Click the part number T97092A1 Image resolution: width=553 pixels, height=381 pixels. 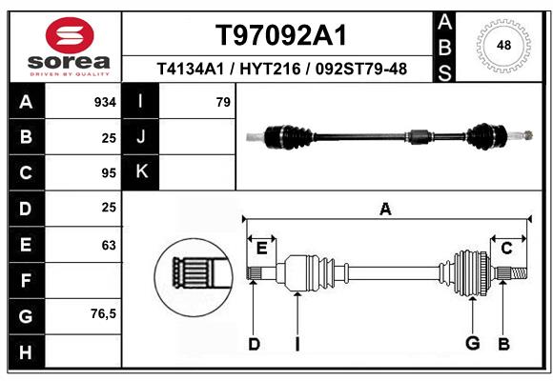click(x=280, y=35)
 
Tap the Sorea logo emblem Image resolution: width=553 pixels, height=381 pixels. click(x=69, y=35)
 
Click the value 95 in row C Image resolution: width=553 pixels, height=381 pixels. click(x=108, y=173)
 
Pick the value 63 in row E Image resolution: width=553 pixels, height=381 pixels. click(x=108, y=245)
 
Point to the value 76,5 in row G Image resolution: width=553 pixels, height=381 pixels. click(x=103, y=313)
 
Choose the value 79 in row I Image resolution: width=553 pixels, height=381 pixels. click(x=223, y=102)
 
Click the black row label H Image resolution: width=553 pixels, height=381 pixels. click(x=26, y=353)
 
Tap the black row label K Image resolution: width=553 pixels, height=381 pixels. click(x=142, y=172)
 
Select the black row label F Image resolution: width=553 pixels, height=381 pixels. click(x=26, y=281)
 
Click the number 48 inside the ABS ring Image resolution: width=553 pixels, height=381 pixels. click(x=504, y=44)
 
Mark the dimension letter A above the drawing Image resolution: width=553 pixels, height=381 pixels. click(x=385, y=210)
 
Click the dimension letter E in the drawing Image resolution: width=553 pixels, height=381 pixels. click(x=261, y=248)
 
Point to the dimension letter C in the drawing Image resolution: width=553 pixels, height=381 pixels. click(x=507, y=248)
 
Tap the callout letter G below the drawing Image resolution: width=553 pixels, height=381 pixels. click(x=471, y=343)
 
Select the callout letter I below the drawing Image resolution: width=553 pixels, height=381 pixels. click(x=297, y=343)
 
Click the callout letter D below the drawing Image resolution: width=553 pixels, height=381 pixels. click(x=254, y=343)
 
